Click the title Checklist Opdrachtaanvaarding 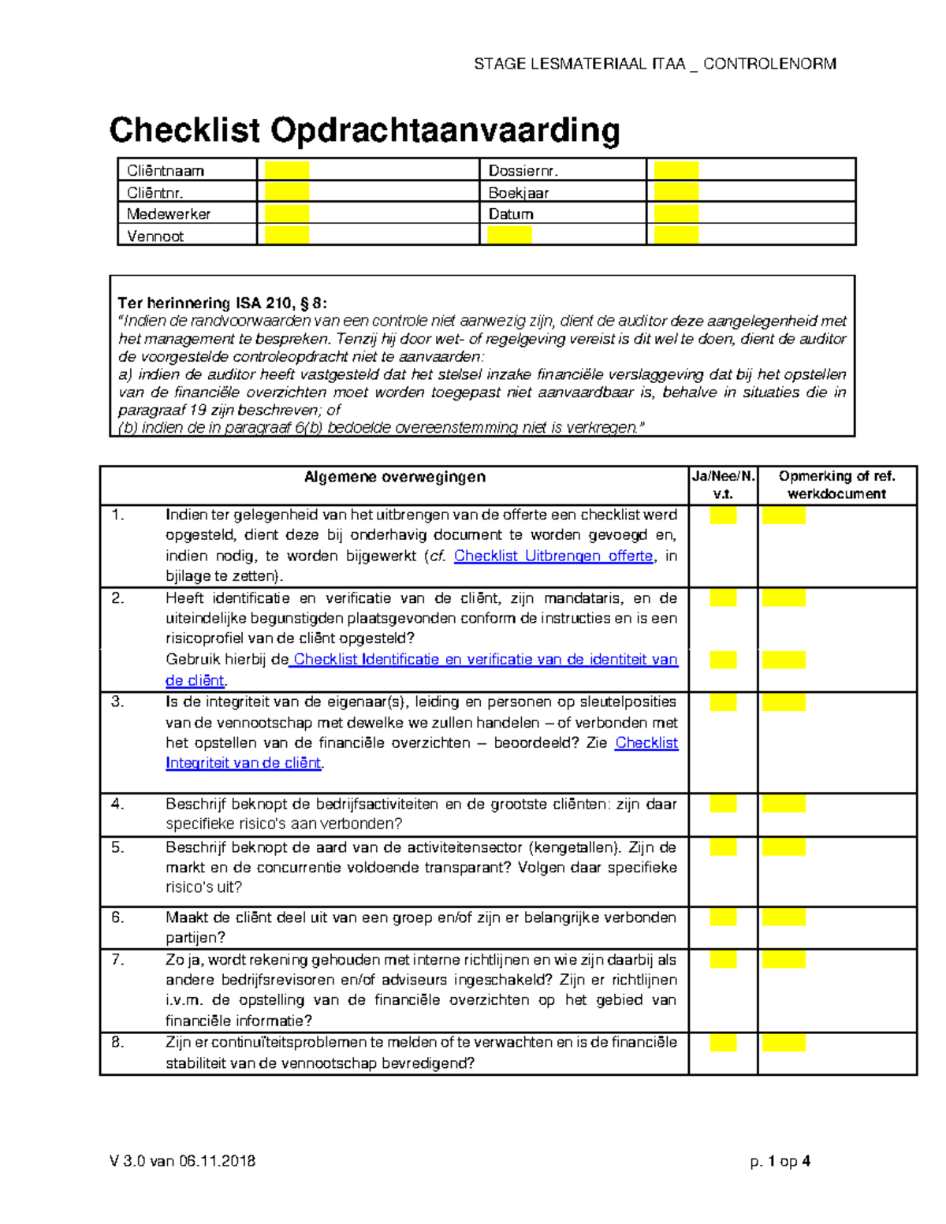[x=364, y=130]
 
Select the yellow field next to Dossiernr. [x=676, y=170]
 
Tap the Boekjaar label [x=518, y=192]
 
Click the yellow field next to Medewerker [x=286, y=214]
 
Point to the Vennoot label [x=155, y=236]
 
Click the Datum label [x=511, y=214]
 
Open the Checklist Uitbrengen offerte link [x=553, y=556]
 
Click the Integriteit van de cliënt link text [x=243, y=763]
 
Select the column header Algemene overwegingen [x=395, y=477]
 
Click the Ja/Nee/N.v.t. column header [x=723, y=485]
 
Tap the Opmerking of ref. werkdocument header [x=836, y=485]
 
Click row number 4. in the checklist [x=117, y=804]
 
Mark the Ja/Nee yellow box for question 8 [x=723, y=1043]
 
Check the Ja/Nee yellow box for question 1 [x=723, y=515]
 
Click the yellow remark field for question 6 [x=784, y=917]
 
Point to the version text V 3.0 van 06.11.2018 [x=182, y=1161]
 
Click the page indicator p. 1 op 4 [x=780, y=1161]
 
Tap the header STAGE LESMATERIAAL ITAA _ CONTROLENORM [x=654, y=64]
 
